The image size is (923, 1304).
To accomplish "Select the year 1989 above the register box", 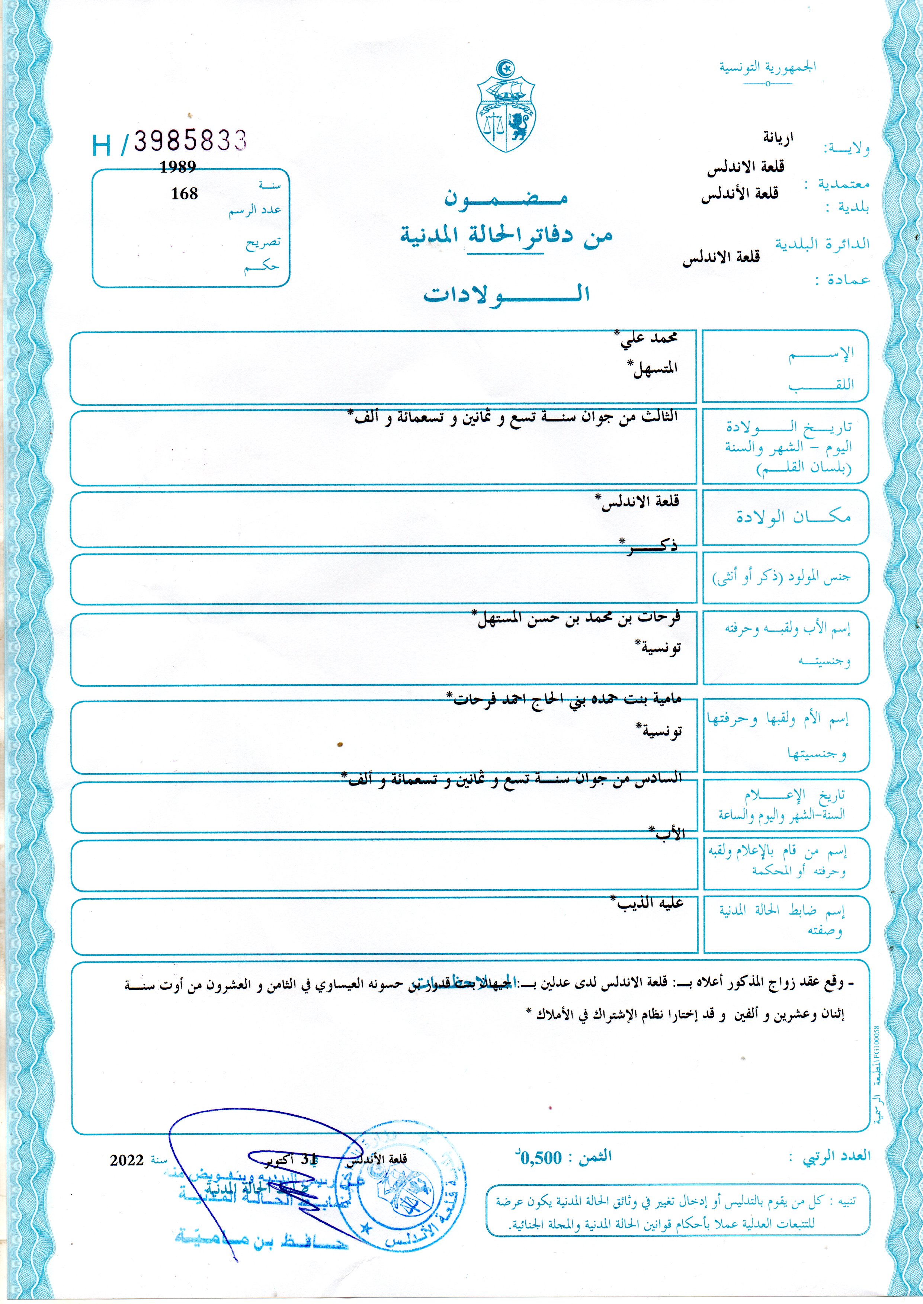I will click(177, 167).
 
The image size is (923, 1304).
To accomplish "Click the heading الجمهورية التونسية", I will click(767, 67).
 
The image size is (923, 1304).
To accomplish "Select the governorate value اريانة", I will click(778, 137).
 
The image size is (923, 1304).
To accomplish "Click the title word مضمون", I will click(506, 198).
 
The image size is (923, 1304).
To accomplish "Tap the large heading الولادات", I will click(506, 294).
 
